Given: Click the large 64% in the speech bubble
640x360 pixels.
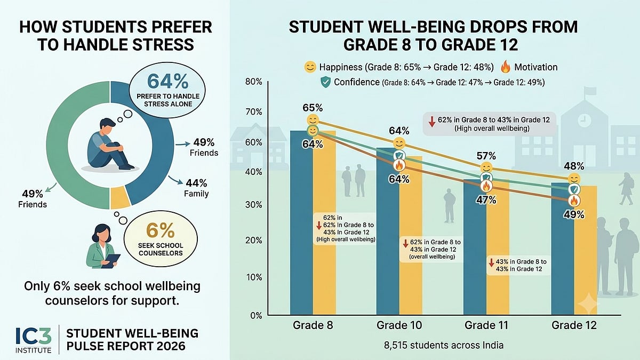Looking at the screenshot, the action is [167, 81].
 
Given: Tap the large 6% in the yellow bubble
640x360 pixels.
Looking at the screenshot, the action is [160, 230].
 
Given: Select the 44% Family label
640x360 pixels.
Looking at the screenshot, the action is [196, 188].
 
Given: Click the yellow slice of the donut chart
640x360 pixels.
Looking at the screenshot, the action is [119, 197].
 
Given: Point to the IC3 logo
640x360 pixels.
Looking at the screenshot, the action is [34, 340].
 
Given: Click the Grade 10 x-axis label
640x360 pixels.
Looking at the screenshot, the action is [399, 325].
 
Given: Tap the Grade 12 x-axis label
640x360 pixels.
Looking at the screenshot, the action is [574, 325].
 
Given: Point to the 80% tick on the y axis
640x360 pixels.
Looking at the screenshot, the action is [253, 82].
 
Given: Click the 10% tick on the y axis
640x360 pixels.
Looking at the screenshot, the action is [254, 277].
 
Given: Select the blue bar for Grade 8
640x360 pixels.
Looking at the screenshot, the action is [301, 222].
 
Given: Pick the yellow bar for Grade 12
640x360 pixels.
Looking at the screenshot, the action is [586, 250].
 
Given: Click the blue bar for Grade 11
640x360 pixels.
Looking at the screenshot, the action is [475, 247].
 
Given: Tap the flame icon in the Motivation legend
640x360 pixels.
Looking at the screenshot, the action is [506, 67].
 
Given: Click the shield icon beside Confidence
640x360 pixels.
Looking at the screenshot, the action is [326, 82].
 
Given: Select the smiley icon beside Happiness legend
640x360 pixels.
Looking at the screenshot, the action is [310, 67].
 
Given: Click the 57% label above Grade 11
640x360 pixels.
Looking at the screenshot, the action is [486, 156].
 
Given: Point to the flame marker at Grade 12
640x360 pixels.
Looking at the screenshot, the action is [574, 201].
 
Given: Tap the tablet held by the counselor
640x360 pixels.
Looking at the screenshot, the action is [111, 261].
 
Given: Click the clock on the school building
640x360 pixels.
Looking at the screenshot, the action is [585, 121].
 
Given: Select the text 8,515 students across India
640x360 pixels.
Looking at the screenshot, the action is [443, 346].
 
